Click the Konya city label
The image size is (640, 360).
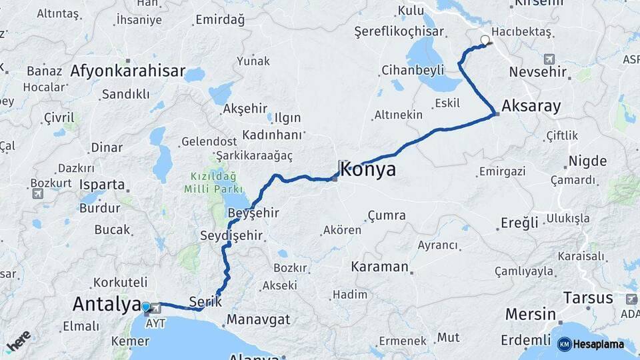coord(368,169)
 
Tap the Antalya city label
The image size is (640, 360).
coord(107,304)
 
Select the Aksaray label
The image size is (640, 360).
coord(531,106)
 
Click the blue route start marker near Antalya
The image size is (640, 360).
coord(146,307)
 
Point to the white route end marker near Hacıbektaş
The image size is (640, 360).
coord(485,40)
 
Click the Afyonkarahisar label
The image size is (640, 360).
coord(127,71)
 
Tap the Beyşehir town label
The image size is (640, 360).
coord(253,213)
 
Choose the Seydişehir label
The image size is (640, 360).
coord(231,235)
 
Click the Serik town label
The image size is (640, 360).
coord(205,301)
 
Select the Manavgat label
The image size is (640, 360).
coord(258,319)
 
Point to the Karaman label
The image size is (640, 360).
coord(379,267)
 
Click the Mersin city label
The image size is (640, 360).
coord(531,314)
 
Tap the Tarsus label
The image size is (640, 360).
coord(587,297)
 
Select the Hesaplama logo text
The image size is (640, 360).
coord(597,344)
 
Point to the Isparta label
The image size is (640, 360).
coord(101,185)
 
